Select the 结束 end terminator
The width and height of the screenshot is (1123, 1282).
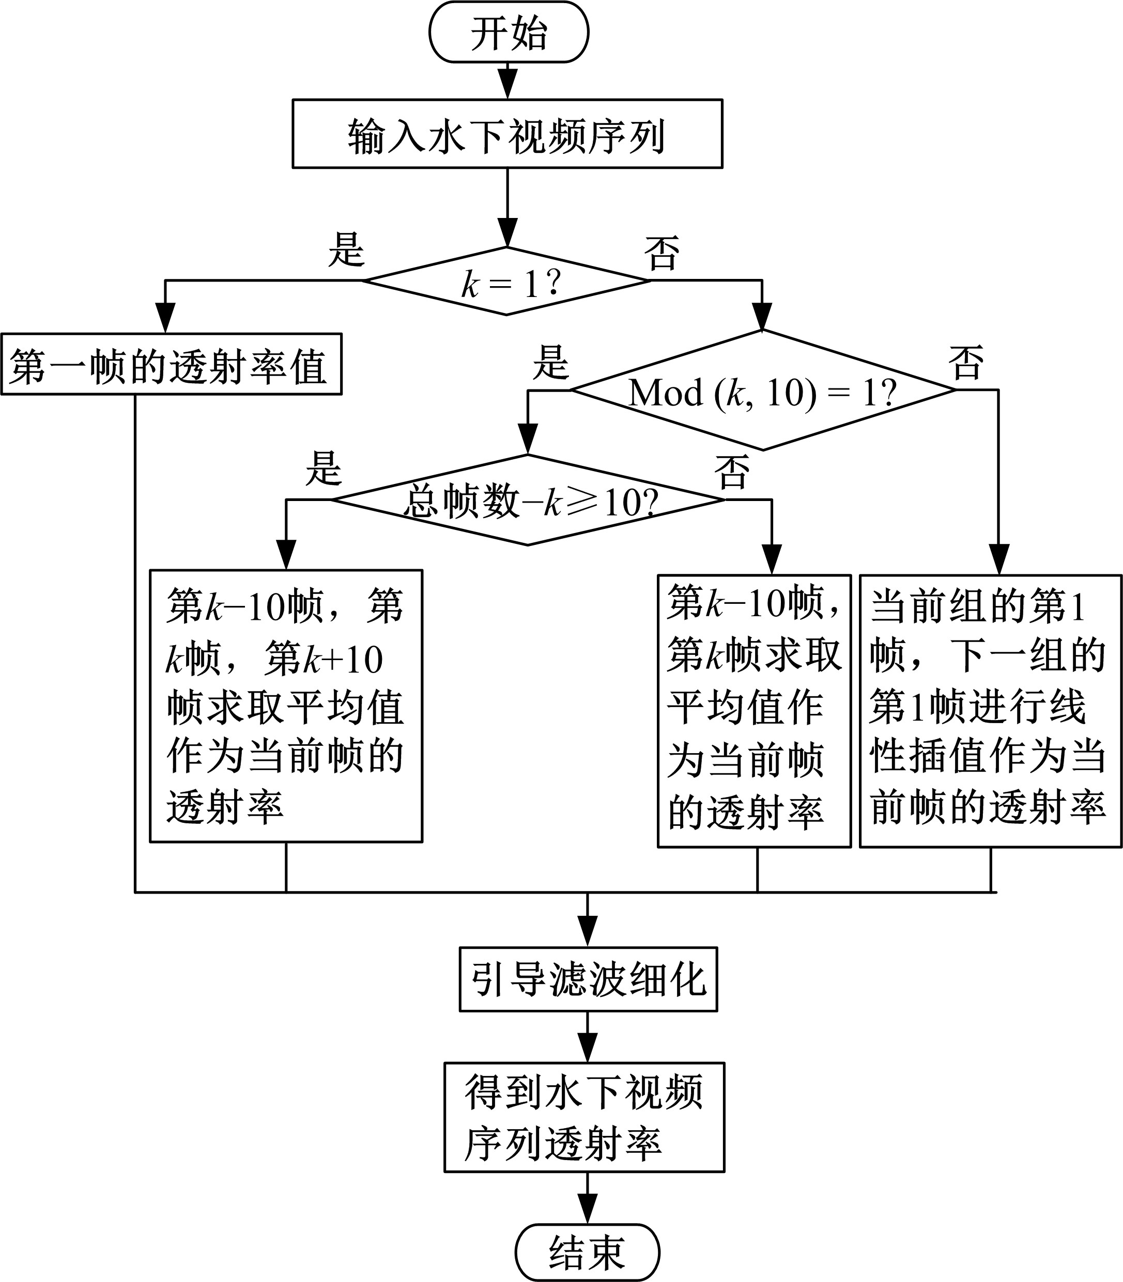point(587,1252)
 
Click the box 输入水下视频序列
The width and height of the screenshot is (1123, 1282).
point(507,133)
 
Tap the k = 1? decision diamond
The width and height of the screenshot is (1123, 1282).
point(507,281)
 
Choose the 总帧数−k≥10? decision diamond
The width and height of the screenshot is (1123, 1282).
point(528,500)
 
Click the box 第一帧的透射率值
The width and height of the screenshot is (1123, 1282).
point(171,364)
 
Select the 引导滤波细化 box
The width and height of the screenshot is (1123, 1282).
point(588,979)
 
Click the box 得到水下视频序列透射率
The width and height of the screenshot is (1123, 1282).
point(584,1117)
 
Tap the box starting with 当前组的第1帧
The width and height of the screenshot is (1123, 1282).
point(990,711)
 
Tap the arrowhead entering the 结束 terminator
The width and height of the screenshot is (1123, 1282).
point(587,1212)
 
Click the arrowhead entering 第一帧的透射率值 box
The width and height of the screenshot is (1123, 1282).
point(165,319)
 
